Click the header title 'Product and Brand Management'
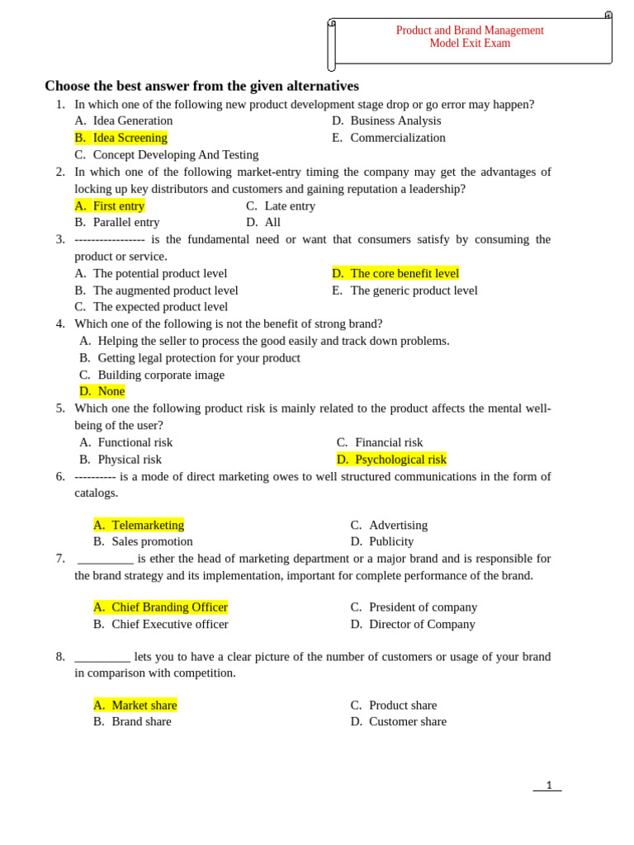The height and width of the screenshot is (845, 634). [470, 31]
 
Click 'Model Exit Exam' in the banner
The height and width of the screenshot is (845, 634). [470, 44]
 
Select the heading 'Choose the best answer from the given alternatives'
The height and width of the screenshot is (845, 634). [201, 86]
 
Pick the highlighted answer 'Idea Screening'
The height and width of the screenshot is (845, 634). [130, 138]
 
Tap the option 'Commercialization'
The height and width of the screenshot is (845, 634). [398, 138]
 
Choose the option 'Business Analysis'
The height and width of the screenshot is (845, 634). [395, 120]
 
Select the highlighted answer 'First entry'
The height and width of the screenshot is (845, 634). [118, 205]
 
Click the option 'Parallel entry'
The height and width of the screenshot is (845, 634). [126, 222]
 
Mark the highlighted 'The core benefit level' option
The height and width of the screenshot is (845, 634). [404, 273]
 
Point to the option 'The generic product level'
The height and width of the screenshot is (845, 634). [414, 290]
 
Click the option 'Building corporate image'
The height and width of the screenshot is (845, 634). [161, 375]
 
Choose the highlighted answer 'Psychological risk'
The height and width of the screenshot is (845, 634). [400, 460]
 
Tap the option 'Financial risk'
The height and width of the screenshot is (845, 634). [389, 442]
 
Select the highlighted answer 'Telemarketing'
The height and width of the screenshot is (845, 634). [148, 525]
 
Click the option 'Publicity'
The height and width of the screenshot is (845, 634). [391, 541]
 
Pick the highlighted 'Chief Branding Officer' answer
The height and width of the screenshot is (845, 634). [169, 607]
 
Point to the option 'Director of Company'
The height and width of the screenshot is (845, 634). [422, 624]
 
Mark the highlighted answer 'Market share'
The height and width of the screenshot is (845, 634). [144, 705]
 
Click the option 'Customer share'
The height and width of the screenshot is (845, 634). [408, 721]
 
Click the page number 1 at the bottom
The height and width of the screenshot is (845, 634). [549, 785]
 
